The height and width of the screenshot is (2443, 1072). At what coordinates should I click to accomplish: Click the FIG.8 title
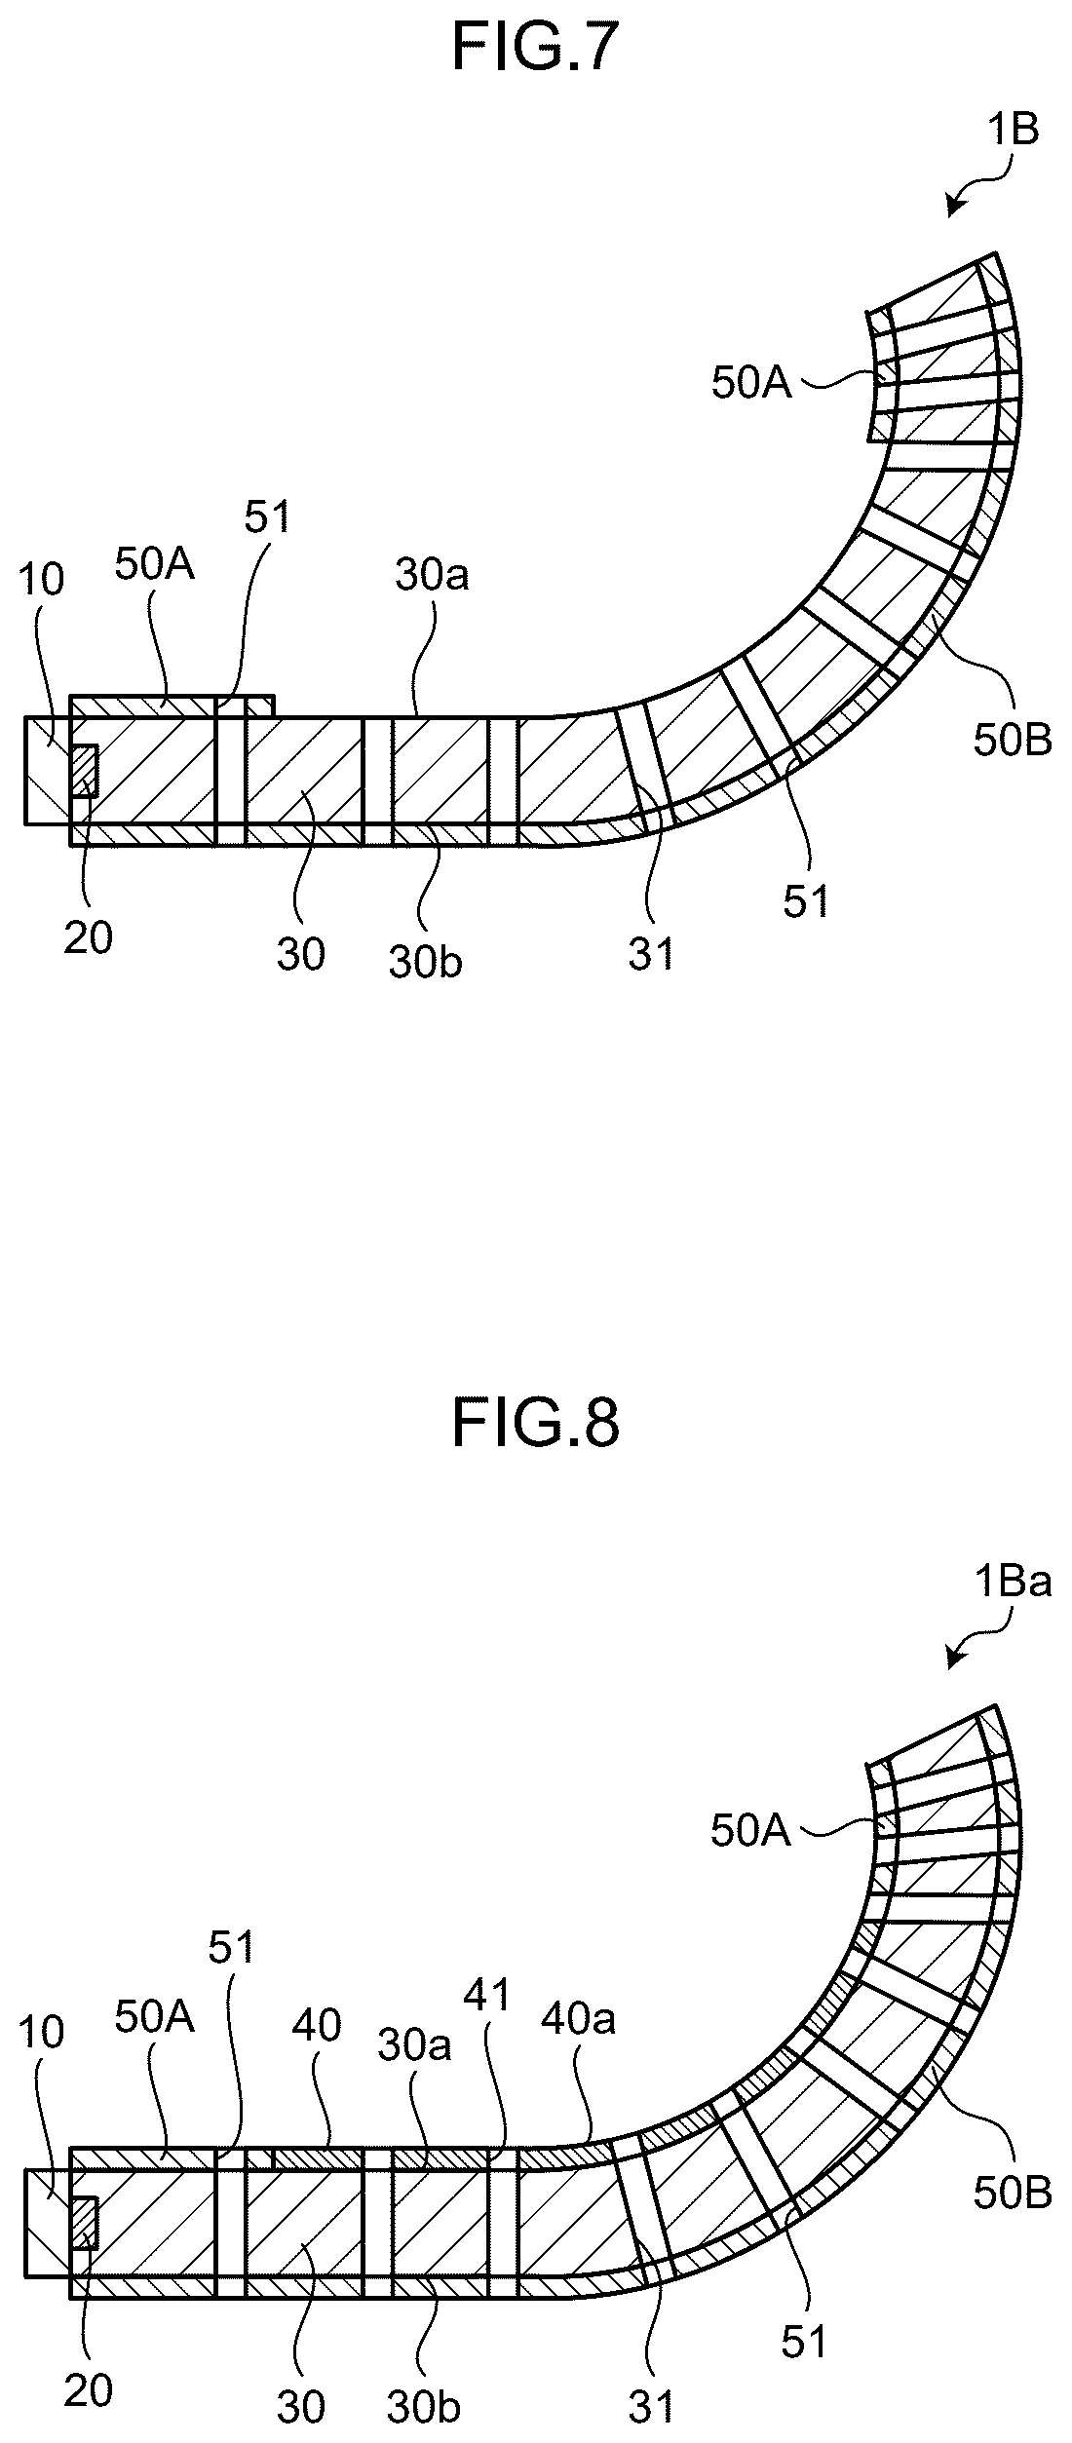(536, 1424)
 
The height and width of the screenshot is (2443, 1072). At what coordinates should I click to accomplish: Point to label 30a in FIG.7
(432, 576)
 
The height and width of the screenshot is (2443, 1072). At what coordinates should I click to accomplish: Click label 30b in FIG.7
(425, 963)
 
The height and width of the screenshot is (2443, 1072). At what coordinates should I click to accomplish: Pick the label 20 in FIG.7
(88, 938)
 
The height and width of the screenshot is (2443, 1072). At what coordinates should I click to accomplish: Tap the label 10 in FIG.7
(41, 580)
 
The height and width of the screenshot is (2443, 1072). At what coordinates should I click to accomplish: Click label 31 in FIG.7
(651, 955)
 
